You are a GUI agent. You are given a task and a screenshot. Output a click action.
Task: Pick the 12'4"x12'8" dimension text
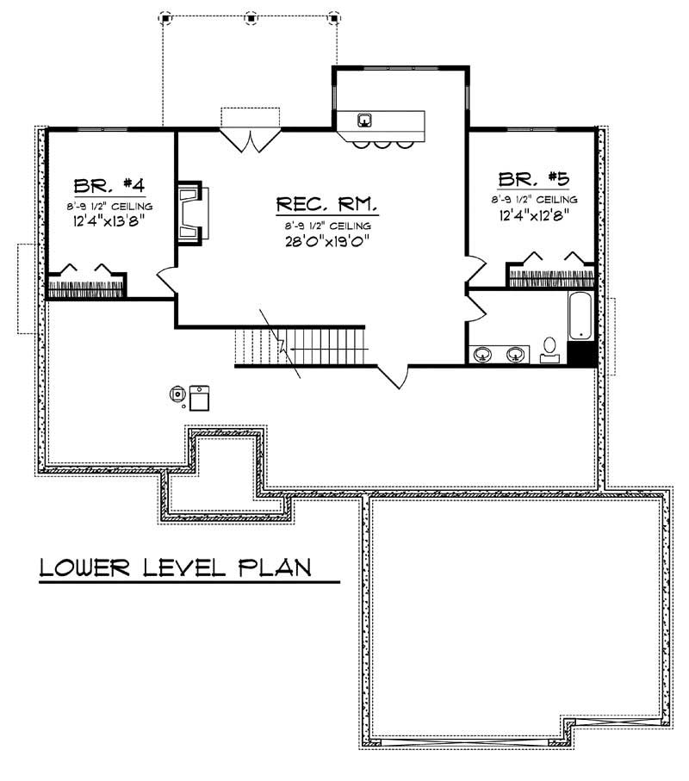point(534,214)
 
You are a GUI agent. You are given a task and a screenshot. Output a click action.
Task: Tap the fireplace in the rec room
point(189,212)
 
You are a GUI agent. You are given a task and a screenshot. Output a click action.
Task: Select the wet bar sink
point(365,119)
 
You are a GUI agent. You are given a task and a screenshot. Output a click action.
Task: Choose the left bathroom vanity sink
point(484,353)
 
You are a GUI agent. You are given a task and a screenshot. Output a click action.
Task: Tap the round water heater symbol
point(177,395)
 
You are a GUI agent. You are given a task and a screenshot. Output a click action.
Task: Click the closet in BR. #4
point(86,281)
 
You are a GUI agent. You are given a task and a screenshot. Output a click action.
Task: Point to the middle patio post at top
point(251,16)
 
